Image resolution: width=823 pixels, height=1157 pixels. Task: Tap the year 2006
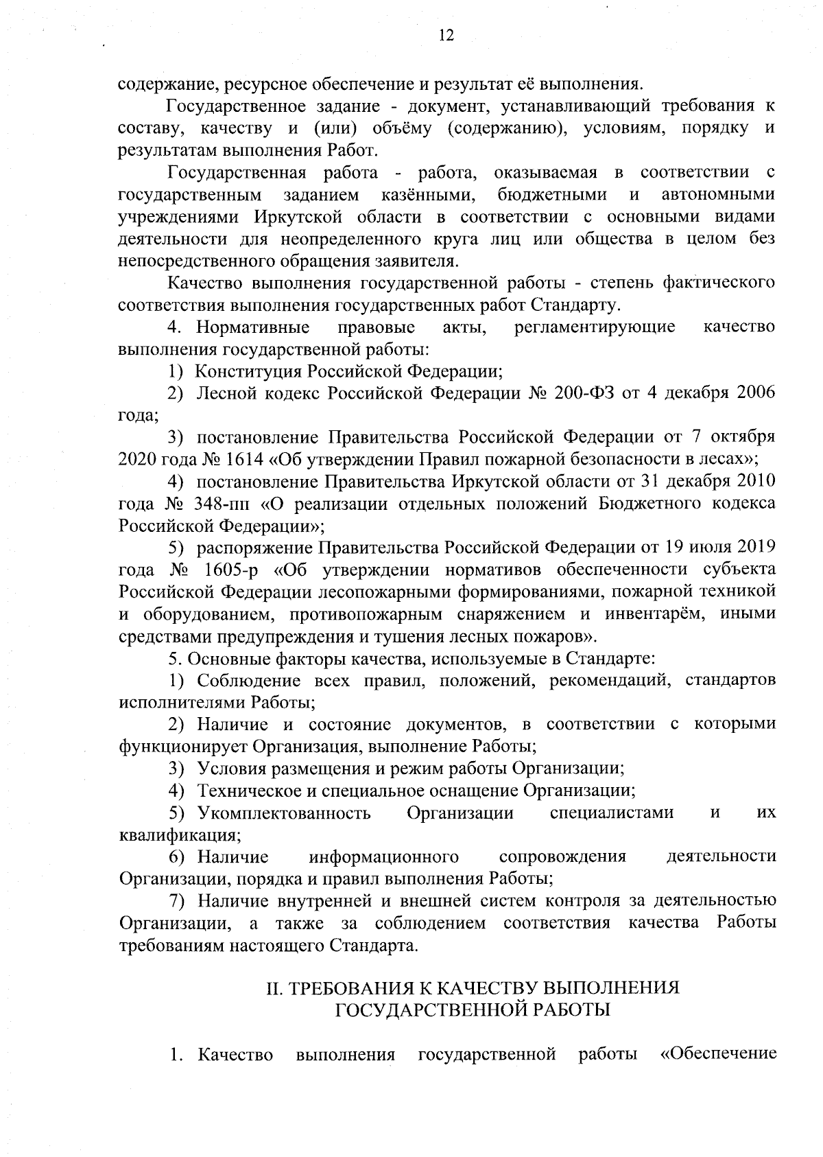[x=755, y=393]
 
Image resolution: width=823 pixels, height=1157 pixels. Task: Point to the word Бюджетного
[x=650, y=504]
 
